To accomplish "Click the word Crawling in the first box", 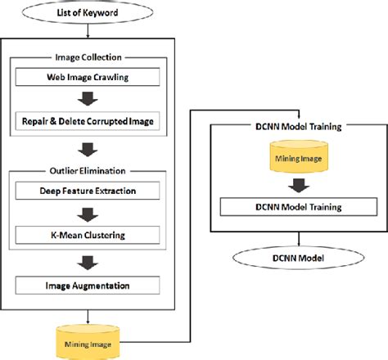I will (x=118, y=78).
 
